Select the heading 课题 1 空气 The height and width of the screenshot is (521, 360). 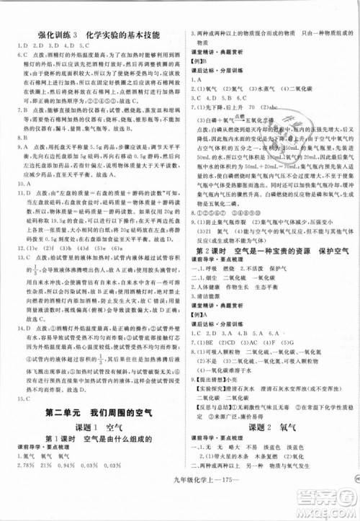(x=91, y=427)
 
